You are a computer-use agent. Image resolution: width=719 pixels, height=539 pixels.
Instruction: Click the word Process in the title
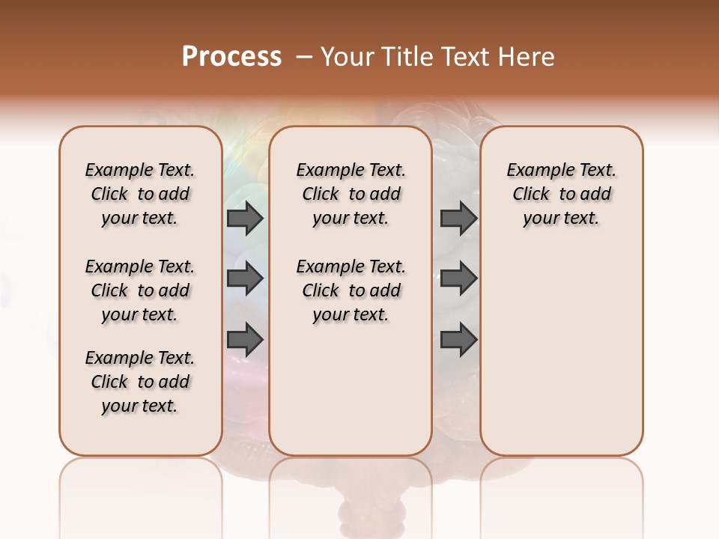(231, 56)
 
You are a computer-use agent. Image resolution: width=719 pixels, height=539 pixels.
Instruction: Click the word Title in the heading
(403, 57)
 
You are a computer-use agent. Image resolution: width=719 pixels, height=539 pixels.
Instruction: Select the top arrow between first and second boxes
(245, 219)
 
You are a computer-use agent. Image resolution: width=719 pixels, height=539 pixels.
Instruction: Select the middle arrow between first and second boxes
(245, 278)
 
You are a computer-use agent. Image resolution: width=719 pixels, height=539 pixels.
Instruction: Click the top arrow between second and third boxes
(458, 219)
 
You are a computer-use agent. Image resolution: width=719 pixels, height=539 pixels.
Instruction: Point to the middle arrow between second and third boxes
(458, 278)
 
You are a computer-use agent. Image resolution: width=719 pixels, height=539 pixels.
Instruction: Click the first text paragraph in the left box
(140, 194)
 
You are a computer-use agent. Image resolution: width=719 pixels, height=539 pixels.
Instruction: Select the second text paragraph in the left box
(140, 290)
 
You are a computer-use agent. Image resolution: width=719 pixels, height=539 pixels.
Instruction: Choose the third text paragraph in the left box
(140, 382)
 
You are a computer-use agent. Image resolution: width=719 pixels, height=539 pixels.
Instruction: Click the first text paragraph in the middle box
(351, 194)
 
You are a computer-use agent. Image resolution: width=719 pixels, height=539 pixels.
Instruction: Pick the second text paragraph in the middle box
(351, 290)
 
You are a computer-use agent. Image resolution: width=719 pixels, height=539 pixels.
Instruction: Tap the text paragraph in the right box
(561, 194)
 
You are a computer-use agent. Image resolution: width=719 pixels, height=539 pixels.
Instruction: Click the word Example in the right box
(535, 171)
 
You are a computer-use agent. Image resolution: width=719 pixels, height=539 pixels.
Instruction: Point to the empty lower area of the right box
(561, 352)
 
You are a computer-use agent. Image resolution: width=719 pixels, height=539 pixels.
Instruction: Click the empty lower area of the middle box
(351, 389)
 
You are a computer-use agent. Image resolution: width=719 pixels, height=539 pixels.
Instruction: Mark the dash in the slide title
(304, 57)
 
